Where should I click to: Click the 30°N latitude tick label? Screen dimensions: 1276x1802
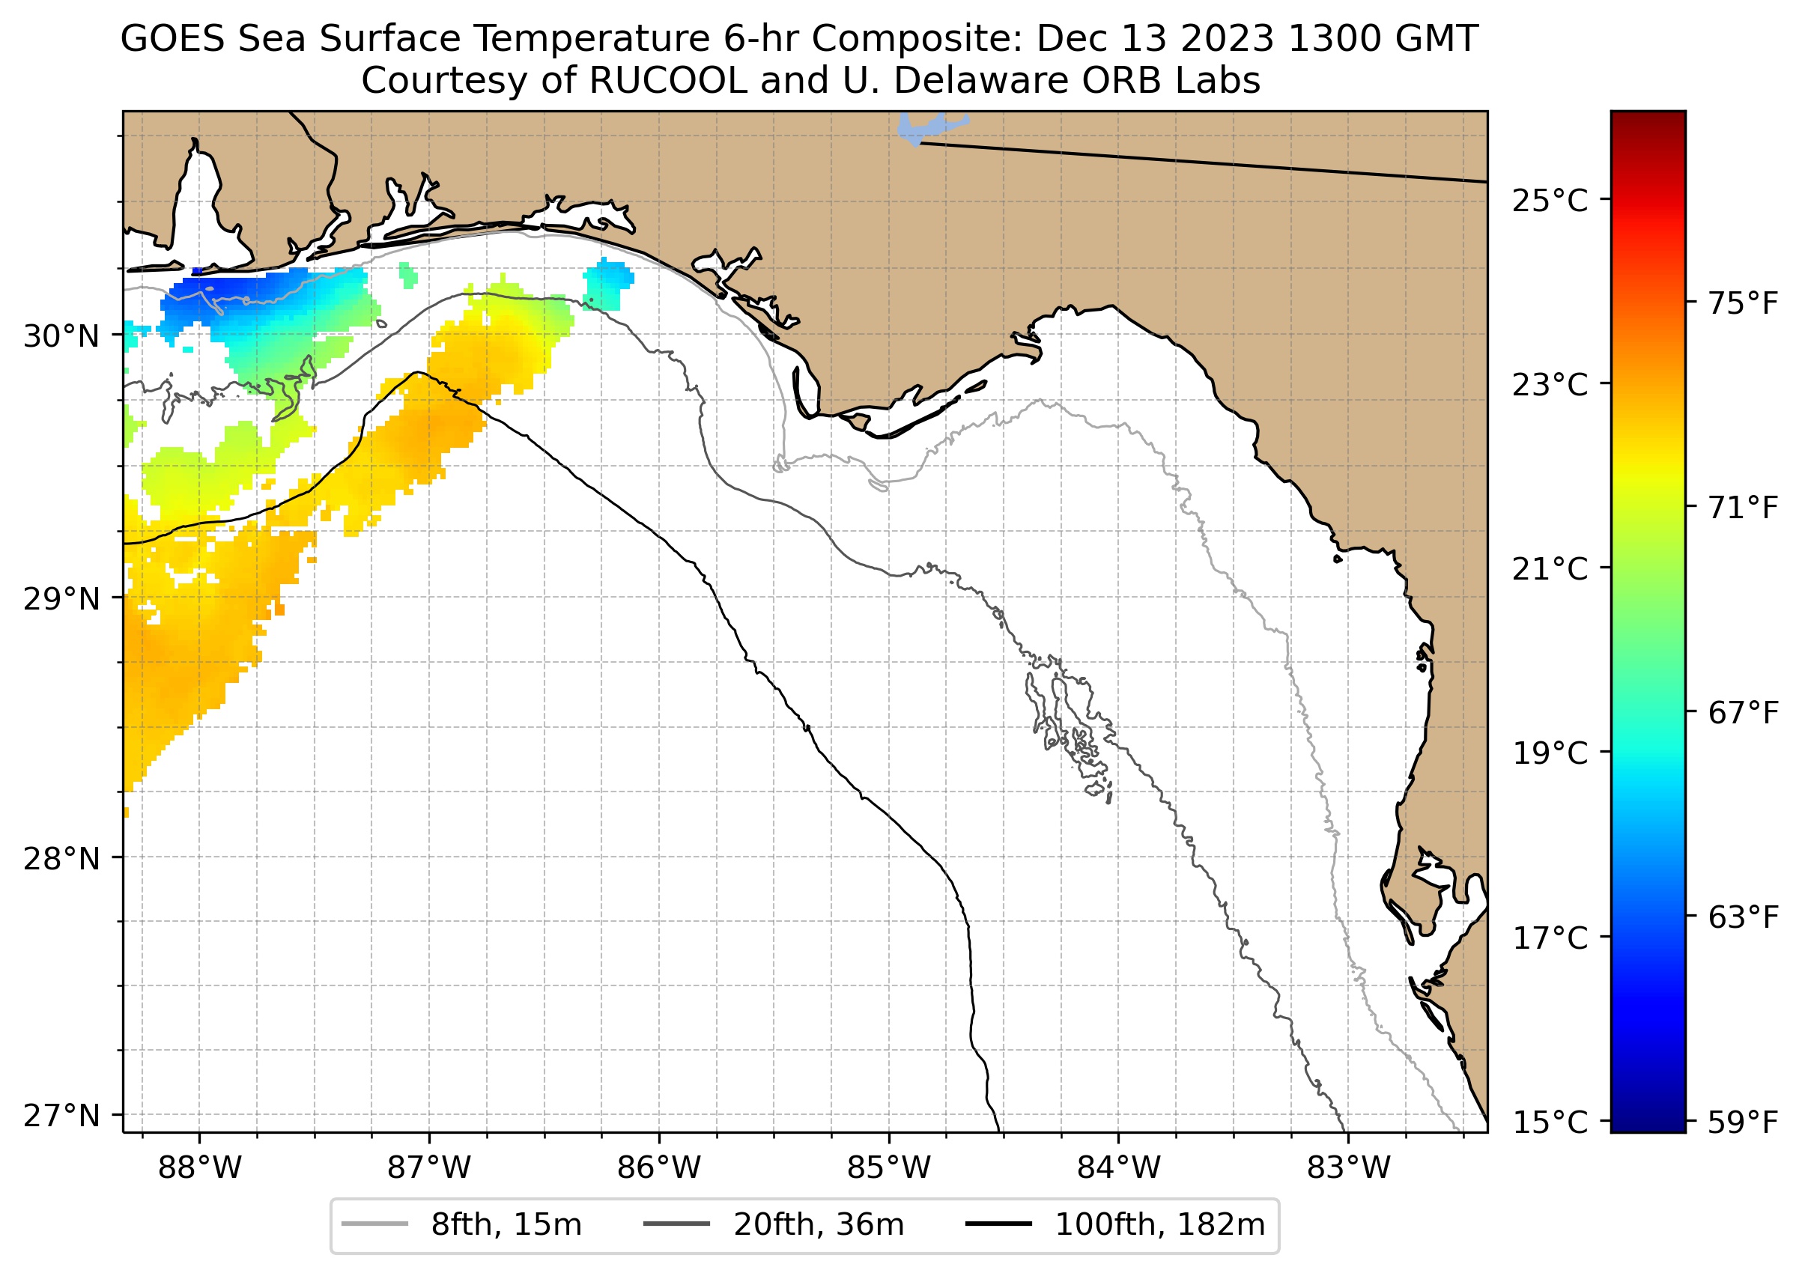click(61, 336)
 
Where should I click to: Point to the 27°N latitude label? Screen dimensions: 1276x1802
click(61, 1116)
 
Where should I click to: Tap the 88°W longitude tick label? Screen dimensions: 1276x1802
click(200, 1168)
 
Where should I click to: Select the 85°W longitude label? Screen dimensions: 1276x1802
click(889, 1168)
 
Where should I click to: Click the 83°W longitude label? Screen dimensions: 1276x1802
click(1349, 1168)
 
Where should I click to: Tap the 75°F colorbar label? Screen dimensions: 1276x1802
click(1743, 303)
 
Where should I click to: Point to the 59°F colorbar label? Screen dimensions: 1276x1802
click(1743, 1122)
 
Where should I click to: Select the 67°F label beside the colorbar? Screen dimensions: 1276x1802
click(1743, 714)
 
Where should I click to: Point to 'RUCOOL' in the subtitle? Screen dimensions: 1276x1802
click(667, 80)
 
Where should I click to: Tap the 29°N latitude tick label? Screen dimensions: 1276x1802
click(61, 599)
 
